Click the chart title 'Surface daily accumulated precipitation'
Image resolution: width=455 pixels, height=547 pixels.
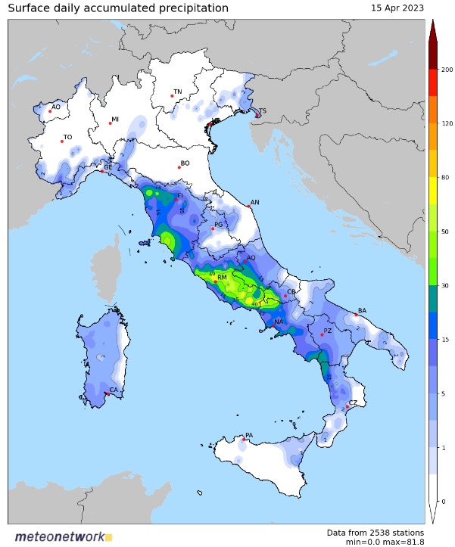(x=117, y=8)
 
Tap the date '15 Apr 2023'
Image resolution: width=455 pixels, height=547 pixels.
(x=397, y=8)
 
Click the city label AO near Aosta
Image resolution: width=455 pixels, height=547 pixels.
(x=56, y=107)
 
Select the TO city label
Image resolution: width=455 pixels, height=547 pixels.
(x=68, y=138)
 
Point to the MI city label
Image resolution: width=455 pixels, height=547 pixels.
(x=115, y=120)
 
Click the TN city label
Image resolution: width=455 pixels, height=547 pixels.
(x=178, y=92)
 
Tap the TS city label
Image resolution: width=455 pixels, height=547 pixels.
(x=263, y=111)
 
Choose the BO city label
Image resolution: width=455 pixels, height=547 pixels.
(x=185, y=163)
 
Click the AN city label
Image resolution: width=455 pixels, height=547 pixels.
(x=255, y=202)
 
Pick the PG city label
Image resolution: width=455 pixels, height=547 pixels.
(x=219, y=225)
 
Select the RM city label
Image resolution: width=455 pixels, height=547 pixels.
(x=223, y=278)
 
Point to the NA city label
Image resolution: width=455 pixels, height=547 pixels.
(x=279, y=322)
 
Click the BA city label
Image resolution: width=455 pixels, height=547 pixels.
(x=362, y=311)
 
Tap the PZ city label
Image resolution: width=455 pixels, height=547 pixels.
(x=328, y=331)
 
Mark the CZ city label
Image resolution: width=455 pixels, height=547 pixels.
(x=353, y=403)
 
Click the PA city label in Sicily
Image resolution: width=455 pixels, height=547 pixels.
(x=248, y=436)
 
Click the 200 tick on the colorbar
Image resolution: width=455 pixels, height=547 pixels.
(x=447, y=70)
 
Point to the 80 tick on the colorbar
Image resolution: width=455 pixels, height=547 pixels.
(x=445, y=177)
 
